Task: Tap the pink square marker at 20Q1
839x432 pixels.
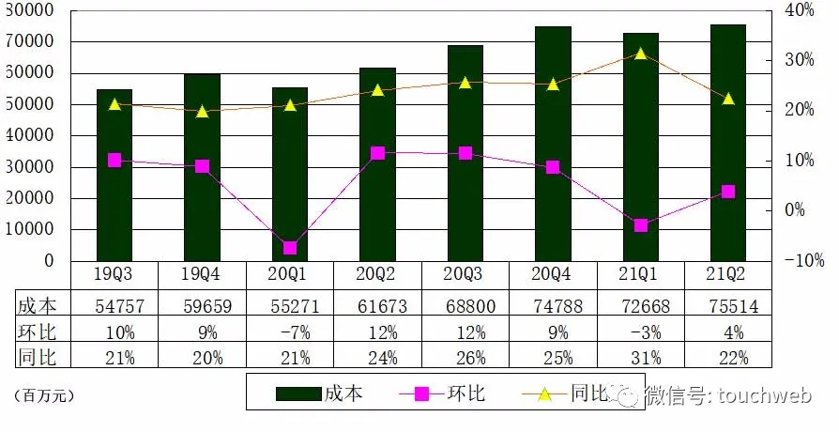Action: pos(290,248)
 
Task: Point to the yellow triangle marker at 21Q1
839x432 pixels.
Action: pos(640,54)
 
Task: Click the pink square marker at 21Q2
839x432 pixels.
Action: pos(727,192)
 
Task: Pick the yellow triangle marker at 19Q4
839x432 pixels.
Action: pos(202,111)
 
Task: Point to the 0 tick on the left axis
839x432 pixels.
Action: pos(48,260)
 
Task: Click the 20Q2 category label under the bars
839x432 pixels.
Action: pos(376,274)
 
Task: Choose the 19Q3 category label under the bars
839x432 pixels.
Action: pos(114,274)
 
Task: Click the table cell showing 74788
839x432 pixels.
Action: pos(552,306)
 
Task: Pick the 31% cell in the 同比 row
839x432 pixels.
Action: pos(640,357)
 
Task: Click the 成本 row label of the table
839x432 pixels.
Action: pos(38,306)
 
